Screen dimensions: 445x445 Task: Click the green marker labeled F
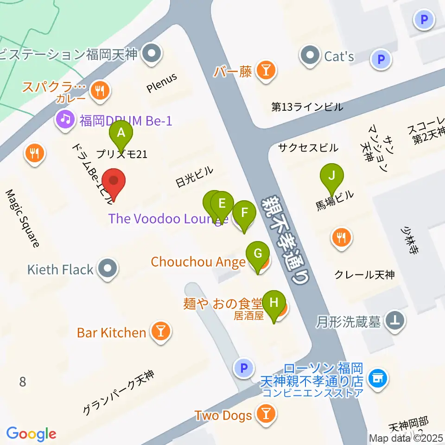point(244,214)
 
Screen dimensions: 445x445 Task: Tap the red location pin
point(114,182)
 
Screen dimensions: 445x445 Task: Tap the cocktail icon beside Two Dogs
point(266,414)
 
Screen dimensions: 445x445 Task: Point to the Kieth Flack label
point(60,269)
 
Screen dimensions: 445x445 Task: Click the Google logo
point(31,433)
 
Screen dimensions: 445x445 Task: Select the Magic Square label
point(23,218)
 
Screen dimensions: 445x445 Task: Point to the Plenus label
point(162,84)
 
